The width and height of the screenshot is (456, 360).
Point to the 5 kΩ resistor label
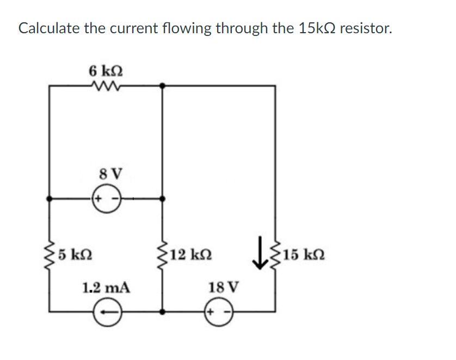tap(75, 254)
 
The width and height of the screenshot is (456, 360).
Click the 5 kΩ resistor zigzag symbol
tap(50, 254)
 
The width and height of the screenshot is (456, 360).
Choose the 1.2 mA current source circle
tap(105, 313)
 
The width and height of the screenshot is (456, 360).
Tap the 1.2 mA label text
tap(106, 287)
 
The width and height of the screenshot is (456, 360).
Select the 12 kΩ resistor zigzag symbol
tap(162, 254)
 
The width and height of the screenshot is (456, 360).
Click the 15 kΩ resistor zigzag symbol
tap(275, 254)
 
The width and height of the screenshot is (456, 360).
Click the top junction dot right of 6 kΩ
tap(162, 86)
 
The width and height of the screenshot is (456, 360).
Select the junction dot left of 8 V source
tap(50, 199)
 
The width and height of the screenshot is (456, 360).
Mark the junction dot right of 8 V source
tap(162, 199)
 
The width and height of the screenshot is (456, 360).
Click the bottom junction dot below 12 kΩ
tap(162, 312)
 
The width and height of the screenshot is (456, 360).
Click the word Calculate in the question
tap(48, 28)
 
